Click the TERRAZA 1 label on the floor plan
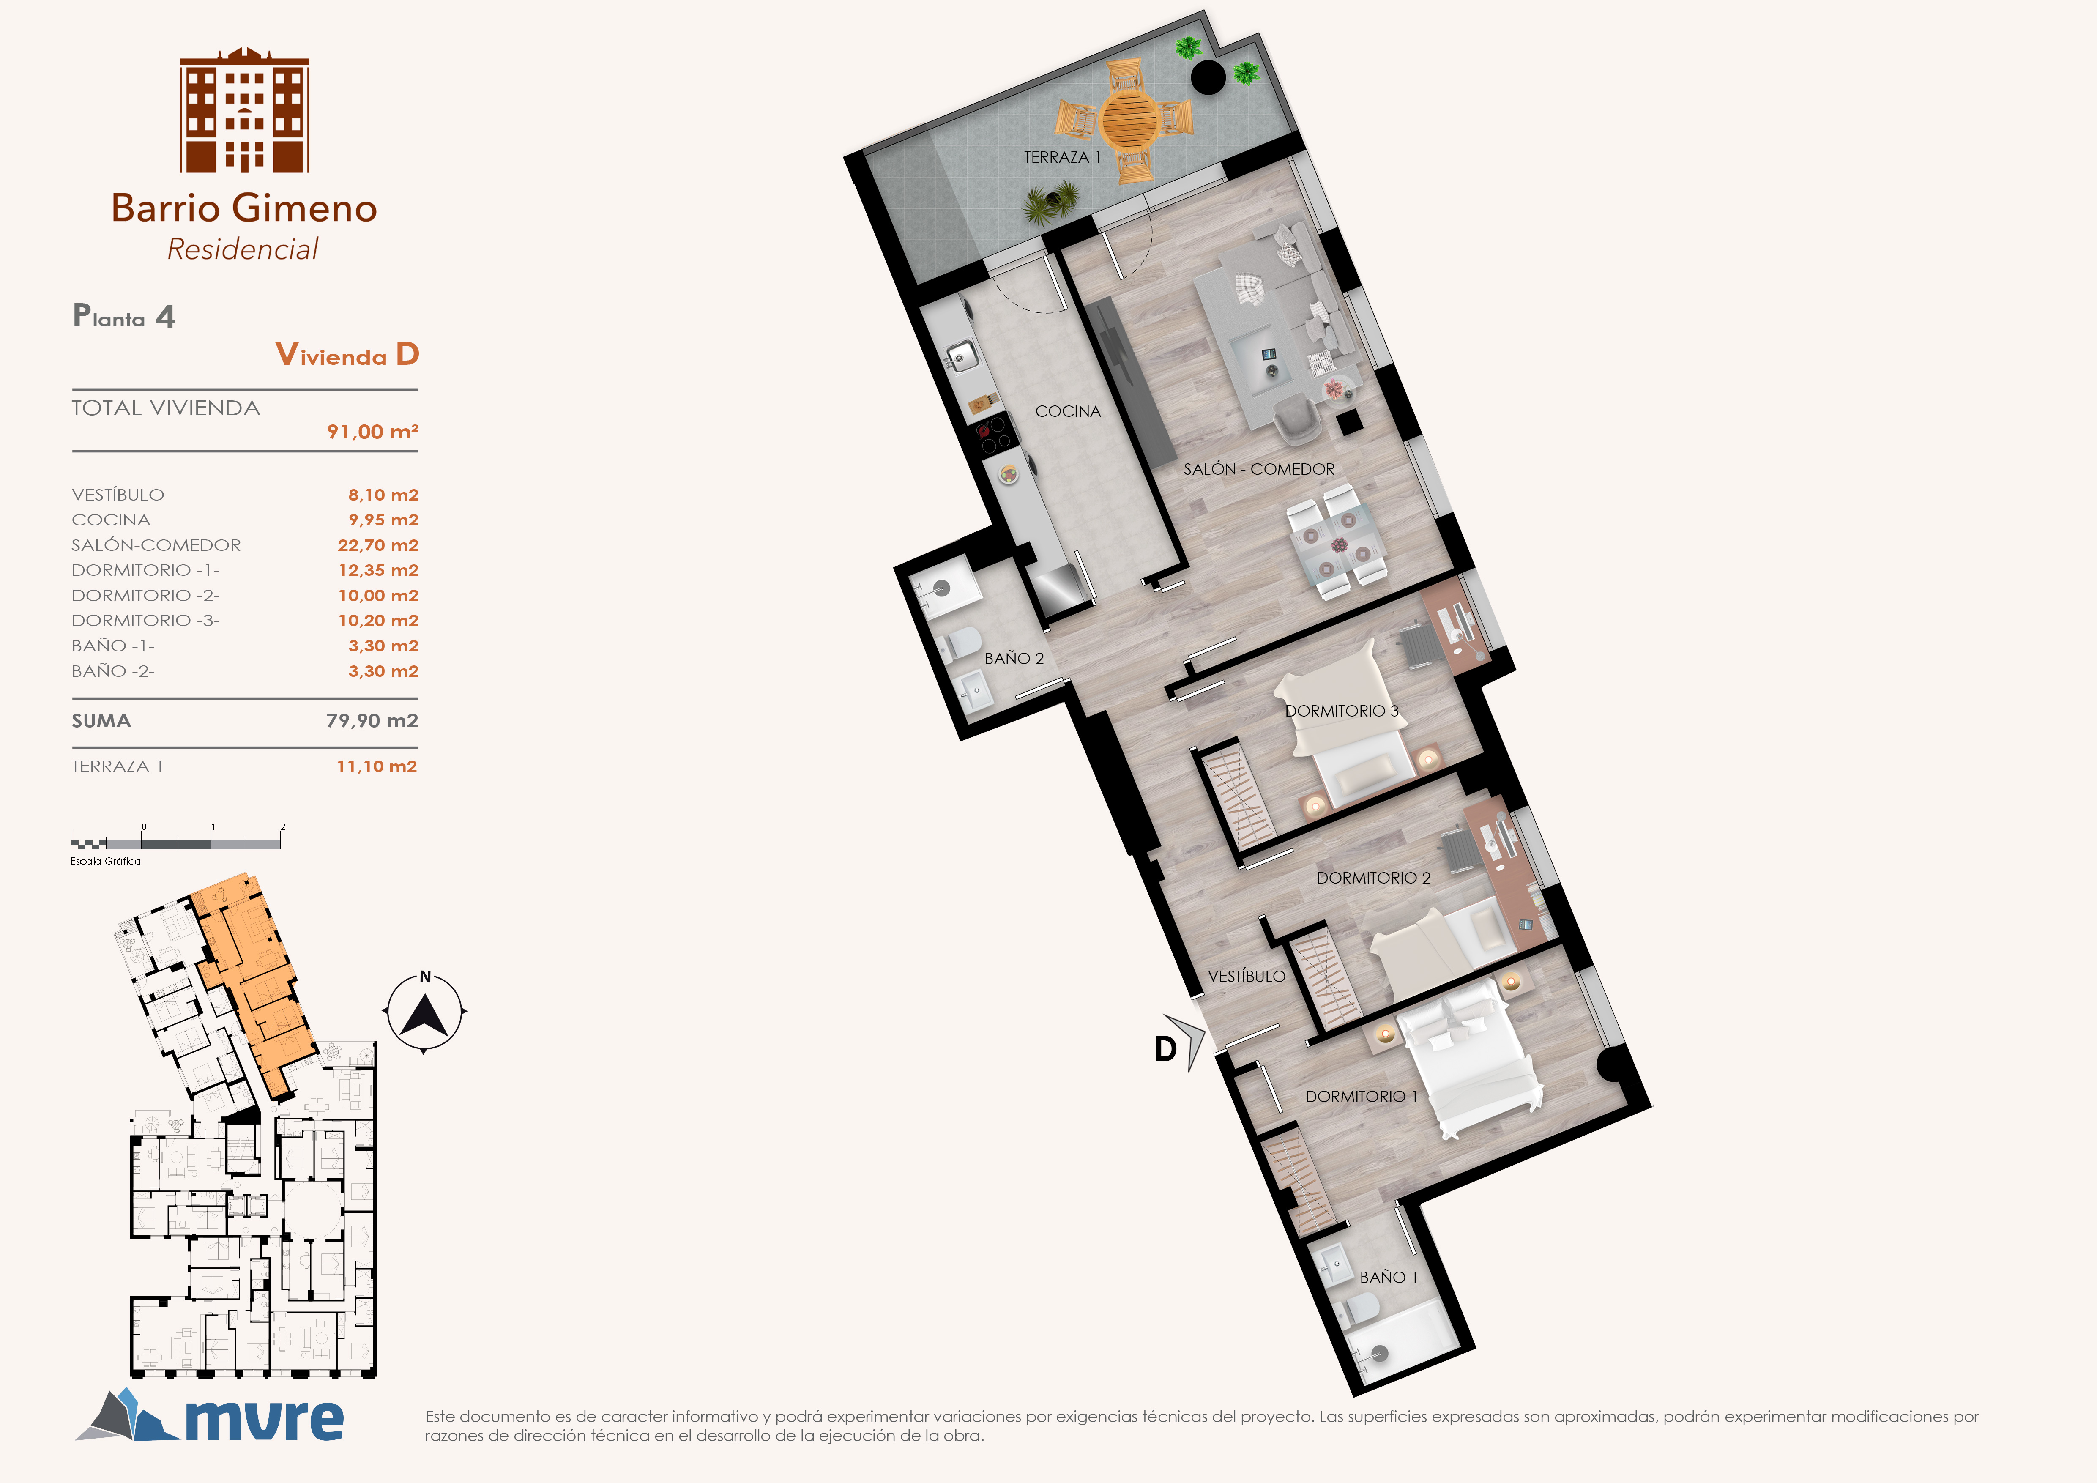1062,157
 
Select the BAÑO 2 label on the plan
1014,658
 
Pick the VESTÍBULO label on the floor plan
1247,976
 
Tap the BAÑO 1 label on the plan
1388,1278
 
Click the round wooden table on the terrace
1130,119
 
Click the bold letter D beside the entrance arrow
1165,1050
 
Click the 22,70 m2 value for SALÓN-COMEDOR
378,545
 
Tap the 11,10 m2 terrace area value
376,766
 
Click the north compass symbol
425,1012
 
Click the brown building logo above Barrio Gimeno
244,109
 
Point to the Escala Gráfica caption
106,861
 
